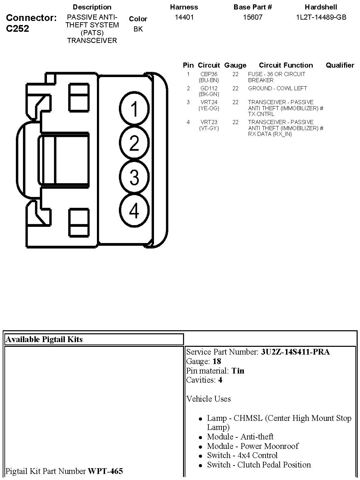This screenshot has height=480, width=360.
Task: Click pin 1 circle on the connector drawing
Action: point(134,109)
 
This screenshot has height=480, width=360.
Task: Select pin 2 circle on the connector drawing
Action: point(134,143)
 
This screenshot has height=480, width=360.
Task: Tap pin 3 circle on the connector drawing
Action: point(134,177)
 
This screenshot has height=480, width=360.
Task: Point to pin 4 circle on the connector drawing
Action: point(134,211)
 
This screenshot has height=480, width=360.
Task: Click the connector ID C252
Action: point(18,28)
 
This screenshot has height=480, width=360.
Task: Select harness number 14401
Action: point(184,17)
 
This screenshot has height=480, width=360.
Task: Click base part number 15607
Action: point(253,17)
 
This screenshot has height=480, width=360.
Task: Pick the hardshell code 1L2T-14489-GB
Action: point(321,17)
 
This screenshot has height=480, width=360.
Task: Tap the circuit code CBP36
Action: point(209,74)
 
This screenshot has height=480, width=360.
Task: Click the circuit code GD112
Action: point(209,88)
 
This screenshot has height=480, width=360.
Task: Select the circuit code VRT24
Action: point(209,102)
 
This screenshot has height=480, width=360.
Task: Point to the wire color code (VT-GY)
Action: point(209,128)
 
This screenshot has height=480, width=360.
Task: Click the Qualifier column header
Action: point(340,65)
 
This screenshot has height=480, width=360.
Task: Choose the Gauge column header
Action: point(235,65)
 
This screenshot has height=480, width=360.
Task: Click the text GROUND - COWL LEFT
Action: point(277,88)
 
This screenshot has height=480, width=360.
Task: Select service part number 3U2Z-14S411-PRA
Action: point(295,352)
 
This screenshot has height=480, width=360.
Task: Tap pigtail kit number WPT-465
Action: point(105,471)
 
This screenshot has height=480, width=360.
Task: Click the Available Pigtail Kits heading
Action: point(44,339)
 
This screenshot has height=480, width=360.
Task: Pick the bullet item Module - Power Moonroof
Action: point(253,446)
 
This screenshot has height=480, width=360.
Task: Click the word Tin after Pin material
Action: point(238,371)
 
